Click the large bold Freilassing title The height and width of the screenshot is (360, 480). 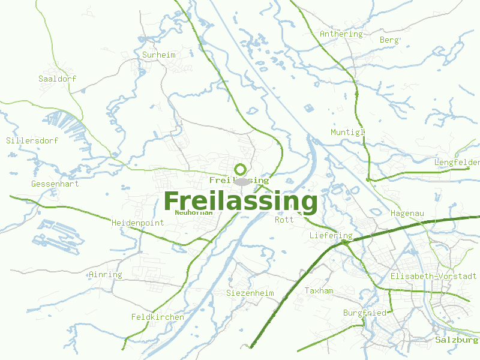(240, 202)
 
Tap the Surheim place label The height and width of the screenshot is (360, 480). (159, 55)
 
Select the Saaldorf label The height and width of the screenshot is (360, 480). (58, 79)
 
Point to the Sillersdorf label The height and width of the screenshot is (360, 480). (32, 141)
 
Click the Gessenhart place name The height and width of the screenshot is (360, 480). (55, 184)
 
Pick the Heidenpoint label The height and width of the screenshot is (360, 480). (138, 223)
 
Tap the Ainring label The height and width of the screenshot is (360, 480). (106, 275)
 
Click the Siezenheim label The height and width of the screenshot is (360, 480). (250, 293)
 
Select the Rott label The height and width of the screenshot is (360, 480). (284, 220)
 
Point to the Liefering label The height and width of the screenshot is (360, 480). (331, 236)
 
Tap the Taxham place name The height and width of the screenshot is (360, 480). (319, 290)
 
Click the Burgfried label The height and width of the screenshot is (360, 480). (365, 313)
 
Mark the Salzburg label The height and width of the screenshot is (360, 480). (457, 340)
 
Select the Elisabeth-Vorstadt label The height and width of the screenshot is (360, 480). (434, 276)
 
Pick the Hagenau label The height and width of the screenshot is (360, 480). (407, 213)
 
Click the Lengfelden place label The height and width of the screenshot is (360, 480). (457, 162)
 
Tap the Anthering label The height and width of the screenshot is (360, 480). (341, 34)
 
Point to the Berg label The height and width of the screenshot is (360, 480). (389, 40)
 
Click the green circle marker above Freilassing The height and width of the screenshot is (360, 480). (241, 169)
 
